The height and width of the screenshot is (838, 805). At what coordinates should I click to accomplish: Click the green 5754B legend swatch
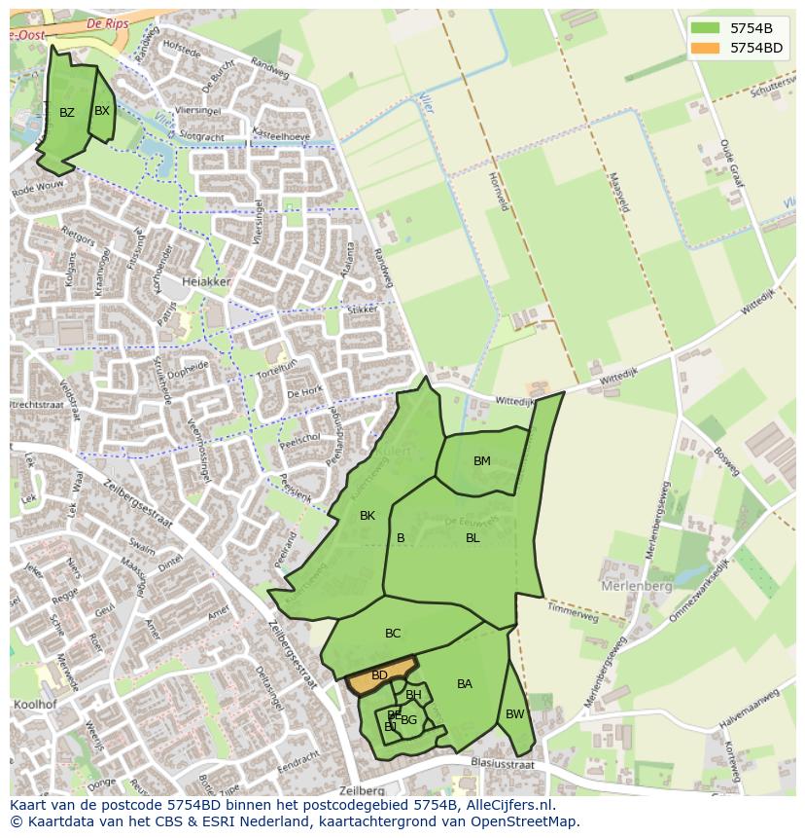[706, 28]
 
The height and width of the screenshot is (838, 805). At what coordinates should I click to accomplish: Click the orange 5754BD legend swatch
[706, 48]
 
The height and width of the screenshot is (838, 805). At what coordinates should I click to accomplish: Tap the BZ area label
[66, 113]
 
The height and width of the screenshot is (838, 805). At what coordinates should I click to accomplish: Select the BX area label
[102, 111]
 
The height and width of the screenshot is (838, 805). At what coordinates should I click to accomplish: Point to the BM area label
[482, 461]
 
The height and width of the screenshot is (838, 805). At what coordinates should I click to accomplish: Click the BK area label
[367, 516]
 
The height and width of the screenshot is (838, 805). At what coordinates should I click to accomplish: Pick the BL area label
[472, 538]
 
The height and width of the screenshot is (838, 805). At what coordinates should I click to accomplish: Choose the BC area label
[393, 634]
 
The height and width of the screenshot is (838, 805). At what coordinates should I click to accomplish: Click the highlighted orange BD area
[379, 676]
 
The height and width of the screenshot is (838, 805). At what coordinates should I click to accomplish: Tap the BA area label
[465, 684]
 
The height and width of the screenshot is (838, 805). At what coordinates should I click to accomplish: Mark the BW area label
[515, 714]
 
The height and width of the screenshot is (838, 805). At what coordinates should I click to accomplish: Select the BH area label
[414, 695]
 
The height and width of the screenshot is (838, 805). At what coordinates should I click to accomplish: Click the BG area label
[409, 720]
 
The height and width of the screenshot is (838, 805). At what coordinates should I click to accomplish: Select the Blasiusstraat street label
[502, 765]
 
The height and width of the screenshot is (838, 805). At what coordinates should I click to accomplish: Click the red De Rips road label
[108, 22]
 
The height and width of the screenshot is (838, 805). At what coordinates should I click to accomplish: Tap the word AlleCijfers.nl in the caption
[507, 805]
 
